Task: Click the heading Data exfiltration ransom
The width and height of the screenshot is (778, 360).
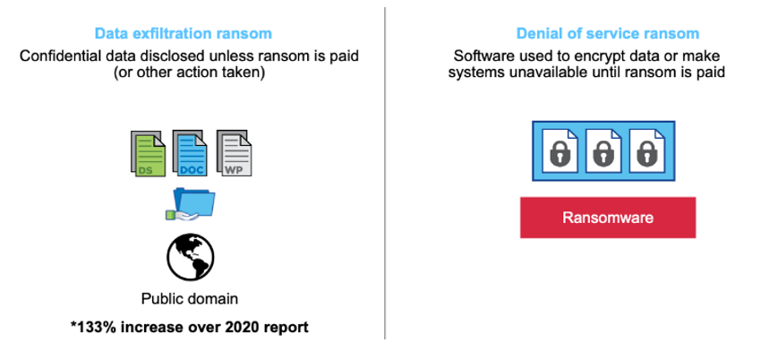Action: pos(184,34)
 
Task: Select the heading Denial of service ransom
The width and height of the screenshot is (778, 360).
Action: pos(608,34)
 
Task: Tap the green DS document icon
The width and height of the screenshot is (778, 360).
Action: pos(148,153)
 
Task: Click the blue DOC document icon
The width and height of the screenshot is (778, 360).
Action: pos(190,153)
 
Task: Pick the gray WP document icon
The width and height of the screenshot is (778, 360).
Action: pos(234,153)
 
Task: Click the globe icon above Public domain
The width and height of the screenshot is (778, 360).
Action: pos(191,257)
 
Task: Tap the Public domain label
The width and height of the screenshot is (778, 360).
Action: pos(190,299)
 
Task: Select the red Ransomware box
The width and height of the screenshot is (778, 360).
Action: pos(608,218)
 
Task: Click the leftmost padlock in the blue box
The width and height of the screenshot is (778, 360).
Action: pos(560,154)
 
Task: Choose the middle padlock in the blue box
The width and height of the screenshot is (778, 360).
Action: pos(603,154)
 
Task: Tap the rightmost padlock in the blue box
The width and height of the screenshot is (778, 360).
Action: pos(646,154)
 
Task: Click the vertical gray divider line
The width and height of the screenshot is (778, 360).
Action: pos(385,173)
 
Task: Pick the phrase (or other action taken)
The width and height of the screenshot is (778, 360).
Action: pos(189,73)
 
